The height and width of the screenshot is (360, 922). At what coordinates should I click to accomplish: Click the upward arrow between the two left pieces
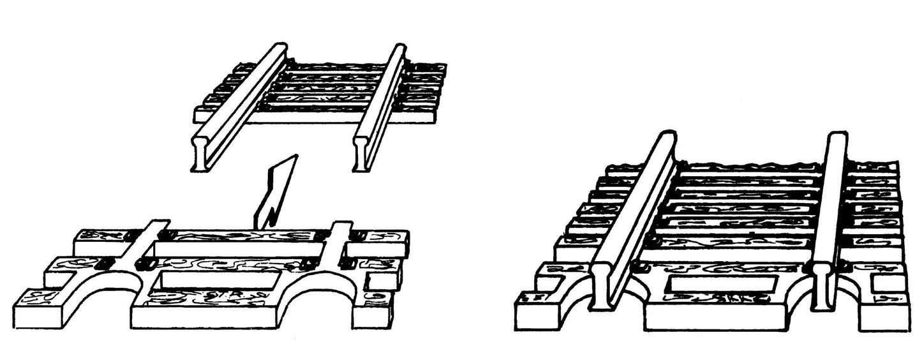[278, 191]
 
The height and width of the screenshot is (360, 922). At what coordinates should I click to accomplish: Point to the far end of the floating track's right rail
[398, 49]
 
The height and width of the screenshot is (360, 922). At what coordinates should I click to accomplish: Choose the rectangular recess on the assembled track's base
[721, 285]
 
